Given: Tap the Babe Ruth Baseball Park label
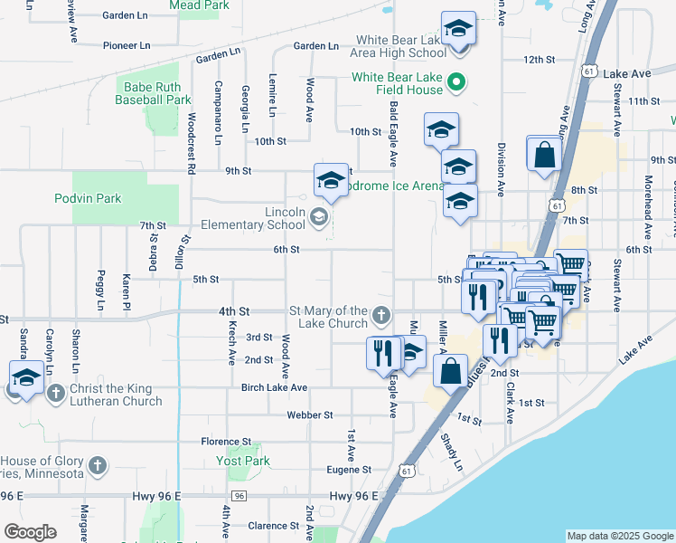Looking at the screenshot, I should [x=154, y=93].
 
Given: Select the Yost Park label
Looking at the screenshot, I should [x=243, y=461].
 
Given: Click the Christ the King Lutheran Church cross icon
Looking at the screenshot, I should [x=56, y=393].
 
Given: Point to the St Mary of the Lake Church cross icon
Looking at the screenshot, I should [x=381, y=317].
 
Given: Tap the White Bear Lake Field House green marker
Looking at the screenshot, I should [x=457, y=83].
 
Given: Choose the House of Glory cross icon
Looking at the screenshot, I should [x=97, y=466].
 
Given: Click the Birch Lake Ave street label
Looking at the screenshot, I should [x=275, y=387].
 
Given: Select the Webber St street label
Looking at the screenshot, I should [x=310, y=414].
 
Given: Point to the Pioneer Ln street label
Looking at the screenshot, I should [x=126, y=44].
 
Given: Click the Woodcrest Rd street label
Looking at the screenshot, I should [x=192, y=143].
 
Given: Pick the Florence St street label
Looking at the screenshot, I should [x=226, y=442].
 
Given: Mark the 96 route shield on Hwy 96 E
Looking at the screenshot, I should [x=239, y=496].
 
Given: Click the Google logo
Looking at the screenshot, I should [x=30, y=532].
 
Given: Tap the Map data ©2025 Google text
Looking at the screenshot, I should [x=620, y=536].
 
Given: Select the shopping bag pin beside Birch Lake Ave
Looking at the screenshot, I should [x=450, y=371].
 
